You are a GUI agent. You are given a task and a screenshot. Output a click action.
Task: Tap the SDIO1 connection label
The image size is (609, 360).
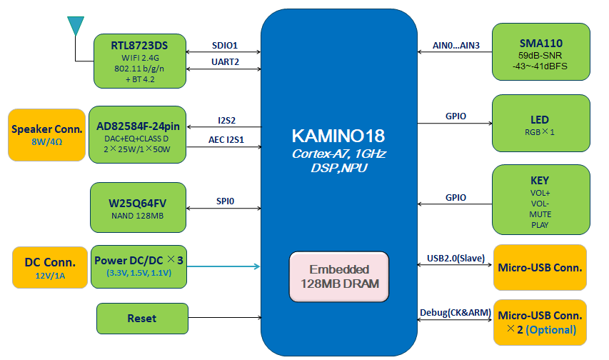(225, 45)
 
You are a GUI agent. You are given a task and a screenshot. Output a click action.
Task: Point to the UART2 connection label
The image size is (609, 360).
(225, 63)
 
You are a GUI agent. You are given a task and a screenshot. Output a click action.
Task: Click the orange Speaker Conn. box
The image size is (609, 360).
(45, 134)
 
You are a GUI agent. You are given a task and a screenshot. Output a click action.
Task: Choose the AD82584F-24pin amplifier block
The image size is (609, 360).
(138, 136)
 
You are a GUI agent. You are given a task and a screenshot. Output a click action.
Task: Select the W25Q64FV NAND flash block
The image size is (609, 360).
(138, 207)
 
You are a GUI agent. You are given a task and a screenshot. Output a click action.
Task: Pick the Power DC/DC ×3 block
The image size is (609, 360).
(138, 266)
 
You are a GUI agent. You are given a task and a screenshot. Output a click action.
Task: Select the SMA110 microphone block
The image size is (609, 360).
(540, 52)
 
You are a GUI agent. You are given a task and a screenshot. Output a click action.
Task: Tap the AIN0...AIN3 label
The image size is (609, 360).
(456, 45)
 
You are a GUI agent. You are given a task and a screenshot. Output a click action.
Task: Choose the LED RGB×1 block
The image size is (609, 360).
(540, 124)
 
